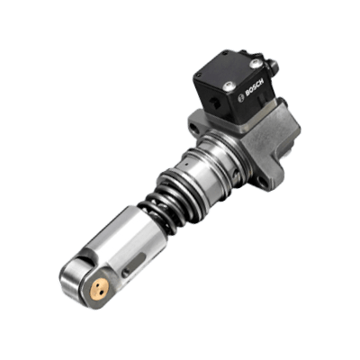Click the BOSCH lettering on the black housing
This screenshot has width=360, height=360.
point(255,87)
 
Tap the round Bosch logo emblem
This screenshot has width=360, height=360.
point(241,98)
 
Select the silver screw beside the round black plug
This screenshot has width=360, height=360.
point(255,64)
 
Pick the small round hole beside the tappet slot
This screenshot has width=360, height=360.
point(126,272)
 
